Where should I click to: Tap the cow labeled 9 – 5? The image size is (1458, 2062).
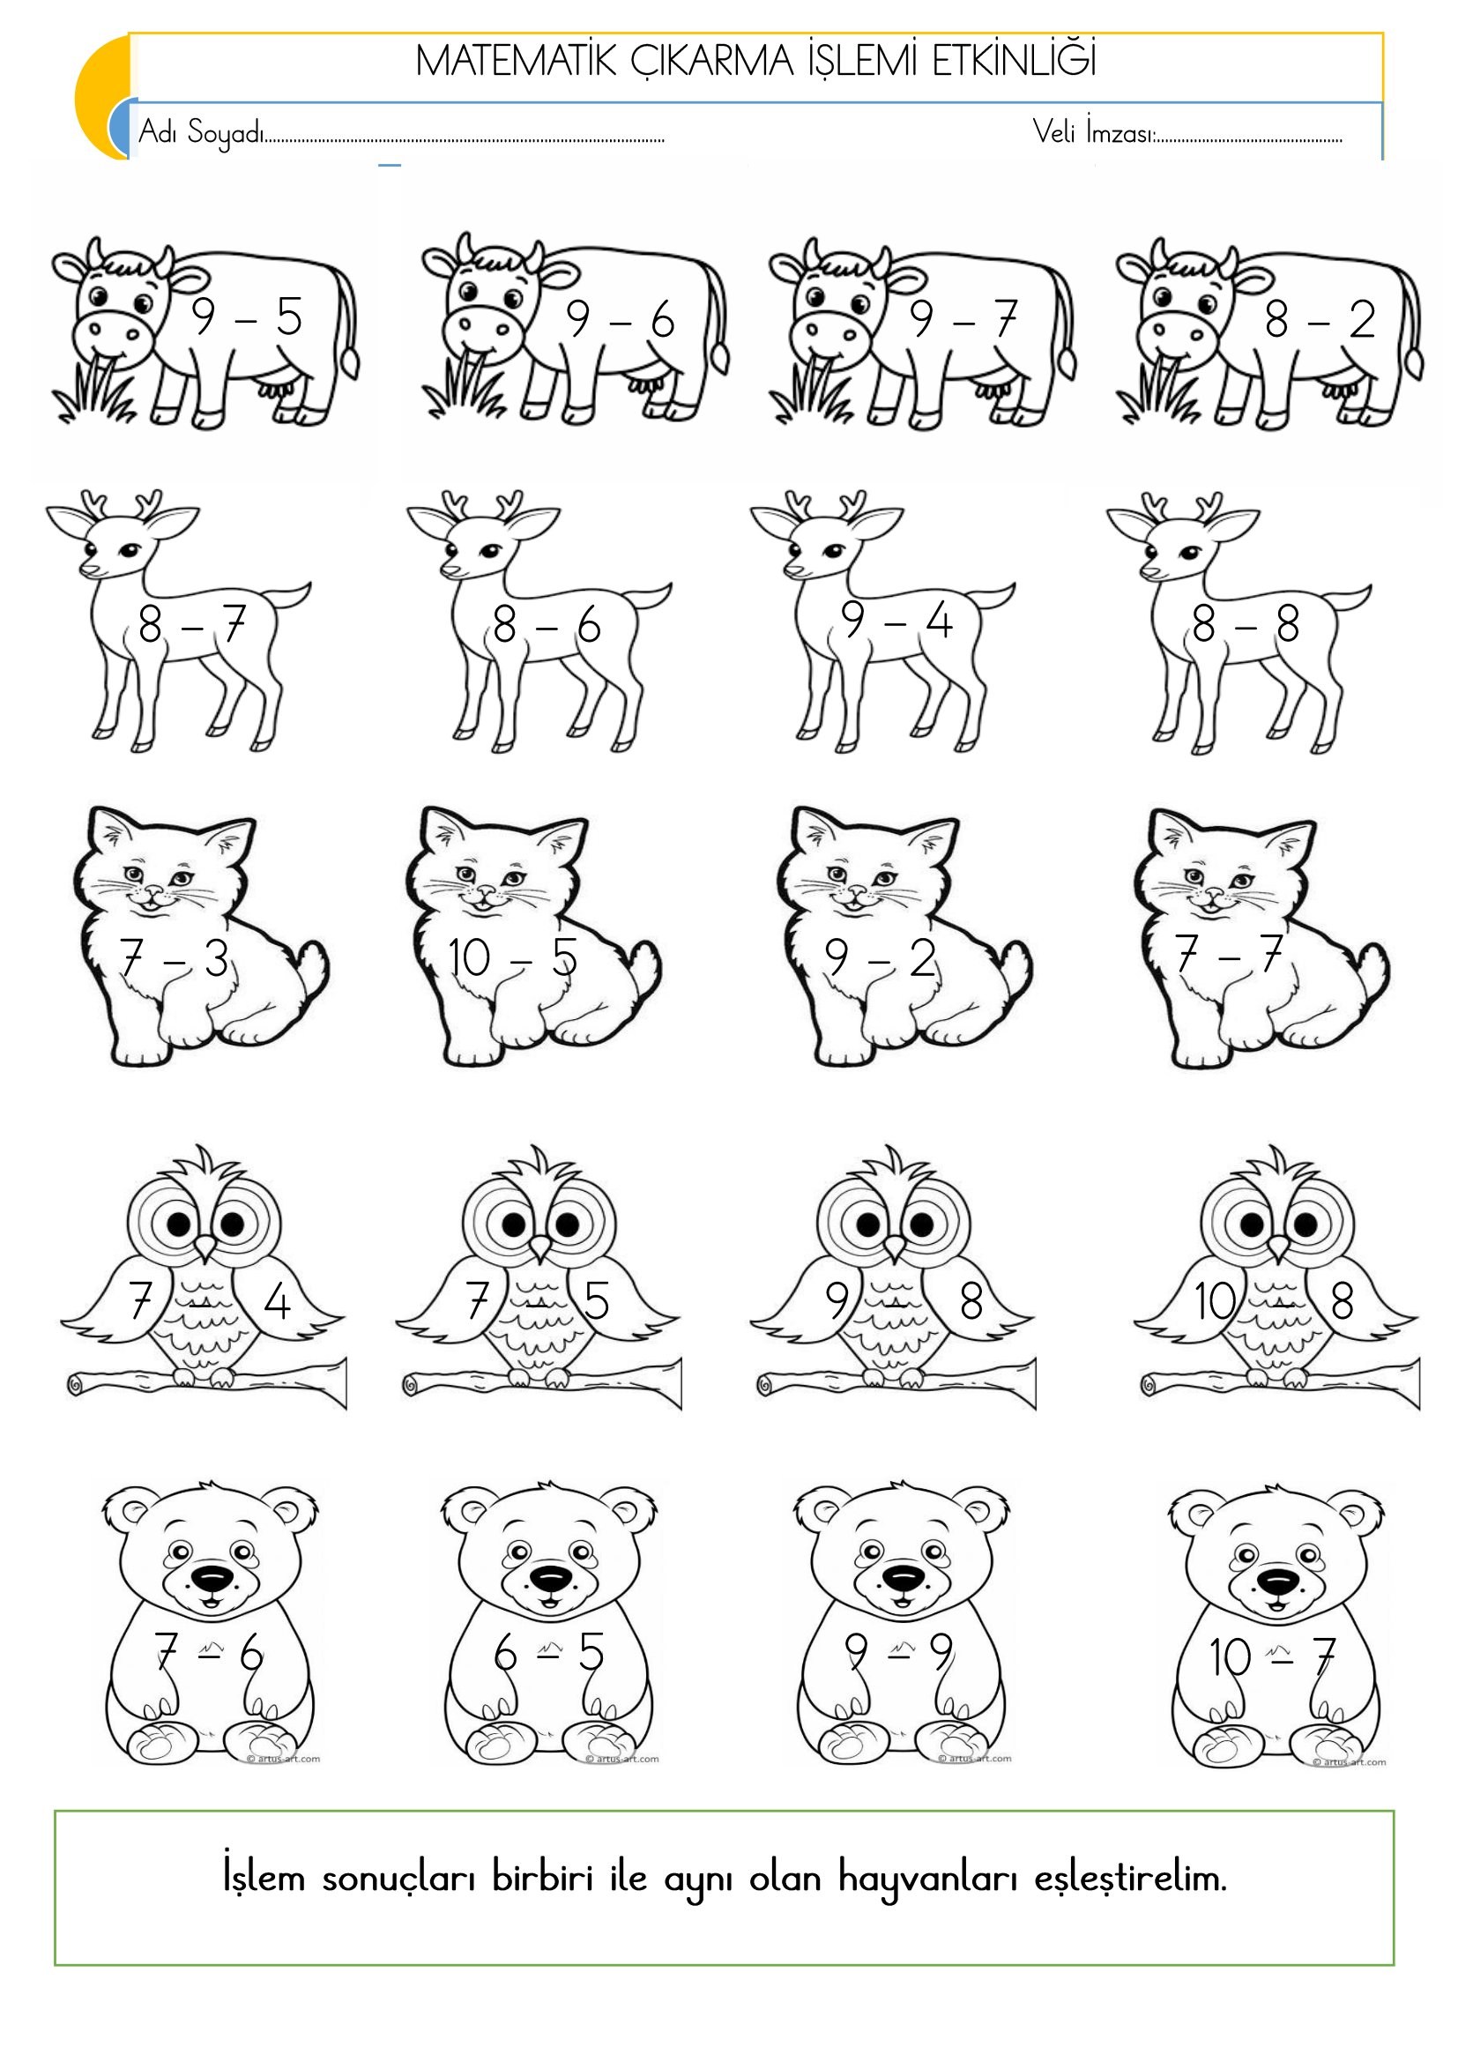[205, 331]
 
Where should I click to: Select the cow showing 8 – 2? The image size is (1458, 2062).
[1269, 333]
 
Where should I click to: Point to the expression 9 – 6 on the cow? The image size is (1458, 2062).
[620, 319]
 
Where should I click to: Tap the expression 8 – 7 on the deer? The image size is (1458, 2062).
[192, 624]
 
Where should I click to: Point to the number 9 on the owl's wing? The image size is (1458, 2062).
[837, 1300]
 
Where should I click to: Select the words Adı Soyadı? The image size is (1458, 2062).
[202, 133]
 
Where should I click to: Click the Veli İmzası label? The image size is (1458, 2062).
[1093, 132]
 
